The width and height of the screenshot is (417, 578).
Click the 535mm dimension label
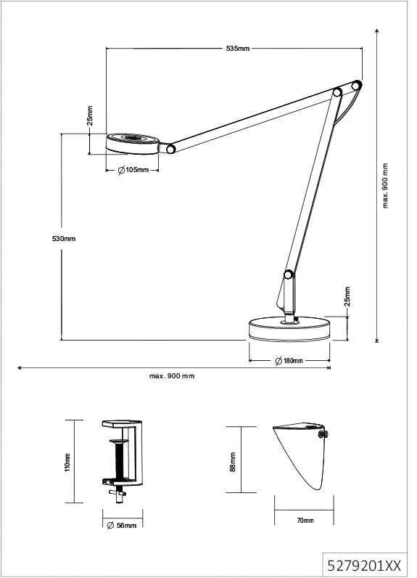238,49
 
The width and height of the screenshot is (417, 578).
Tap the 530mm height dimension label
64,238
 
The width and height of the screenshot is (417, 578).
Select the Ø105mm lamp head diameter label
133,170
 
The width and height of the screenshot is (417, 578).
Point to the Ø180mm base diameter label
289,360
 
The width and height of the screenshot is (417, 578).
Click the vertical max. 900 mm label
385,185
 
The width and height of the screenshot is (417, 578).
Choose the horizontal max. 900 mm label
172,376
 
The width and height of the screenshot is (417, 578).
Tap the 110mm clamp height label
67,463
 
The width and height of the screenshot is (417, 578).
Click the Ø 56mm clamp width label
121,525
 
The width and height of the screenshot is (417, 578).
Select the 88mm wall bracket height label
232,462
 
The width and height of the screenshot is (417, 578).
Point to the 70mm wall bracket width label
305,521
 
